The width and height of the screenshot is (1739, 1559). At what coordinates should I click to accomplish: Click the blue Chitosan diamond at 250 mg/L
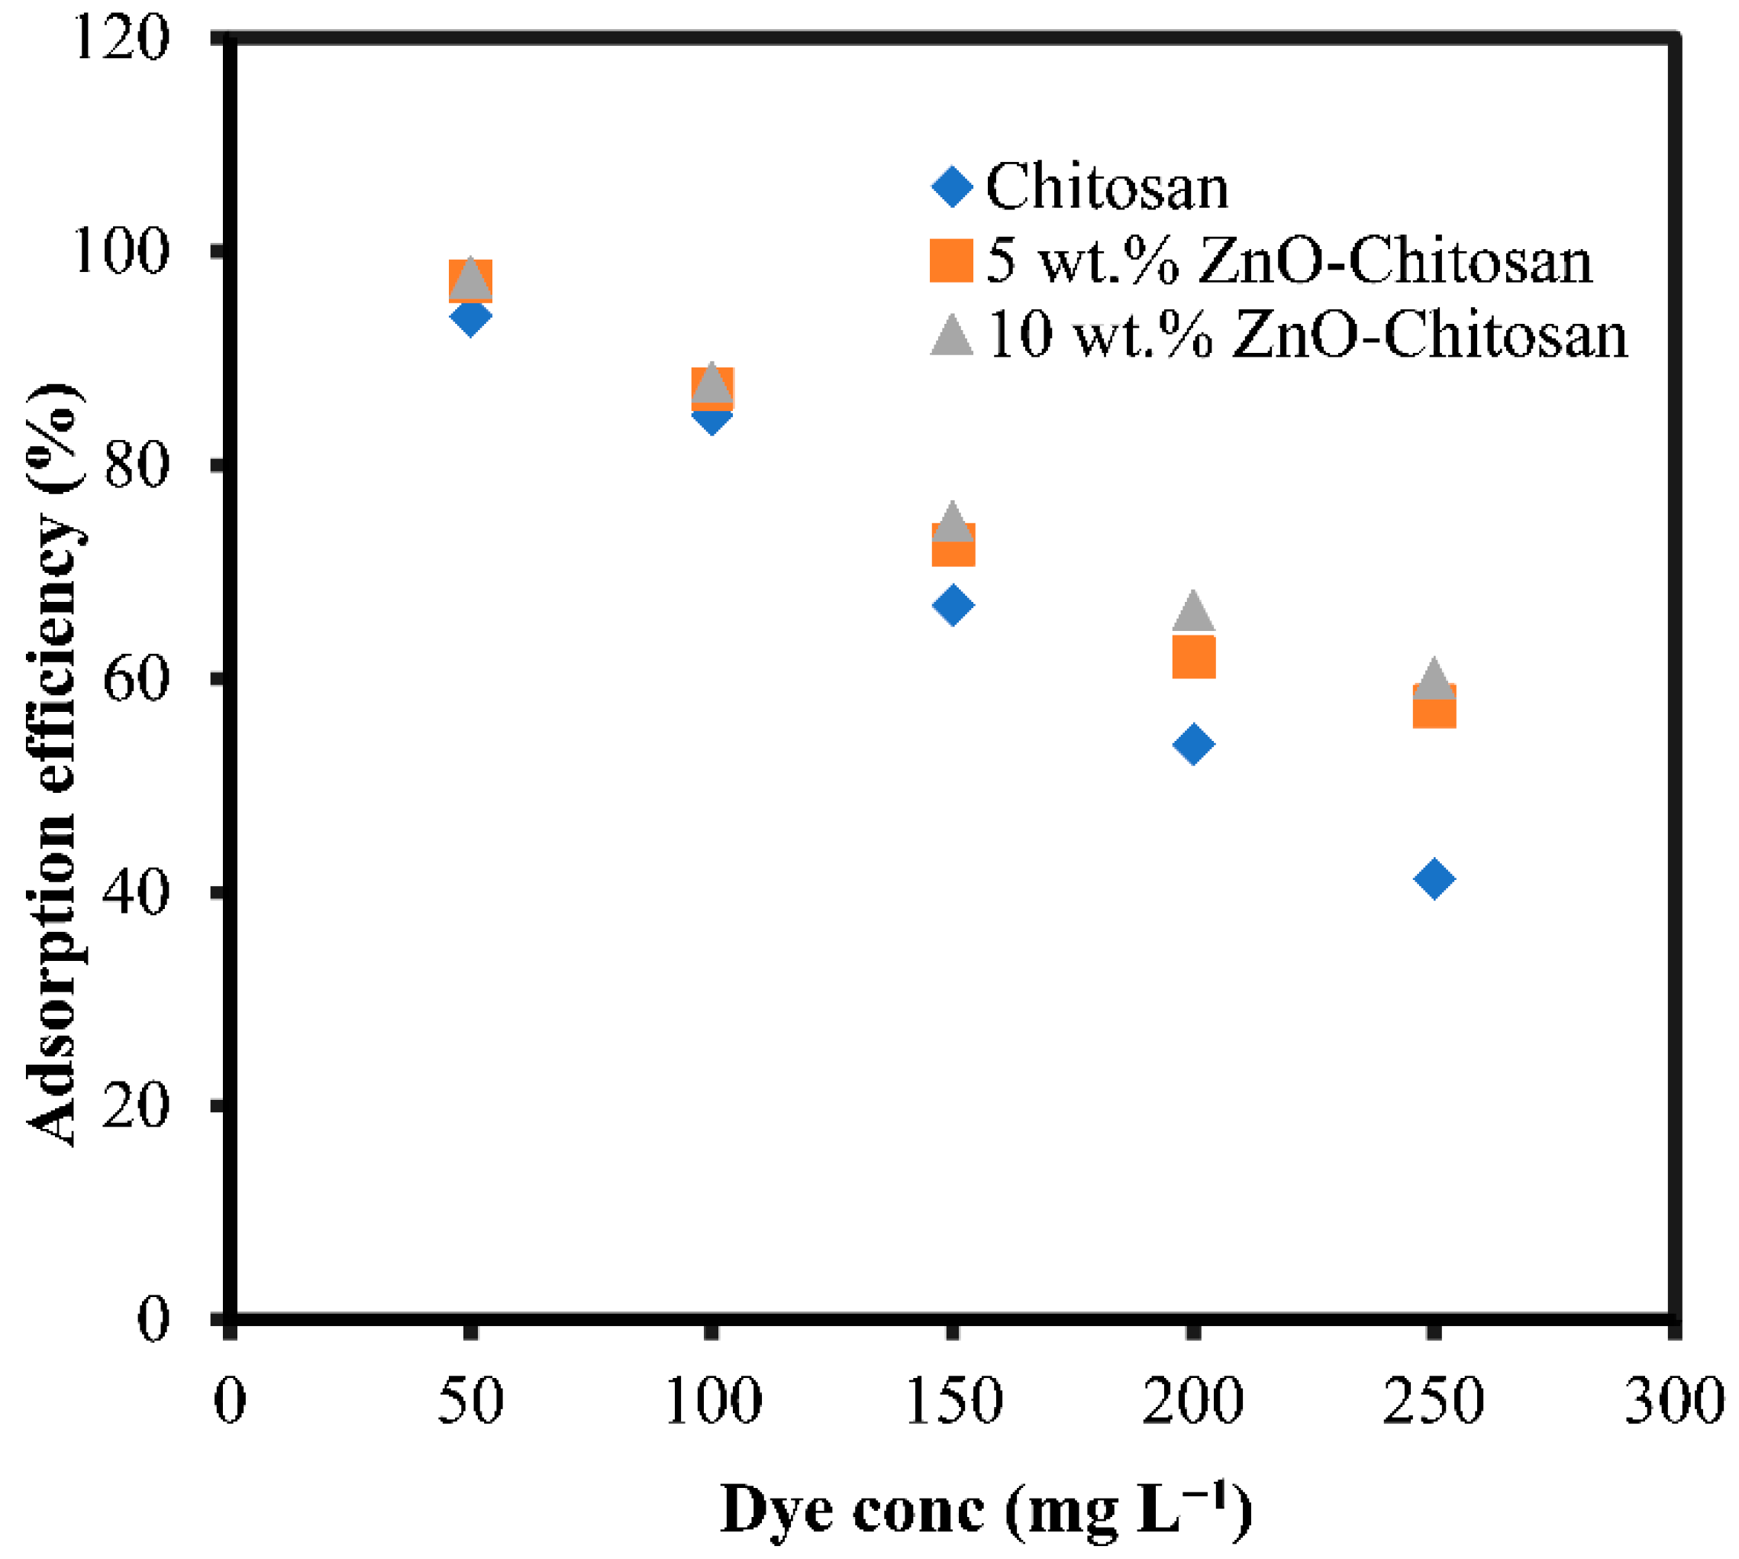pyautogui.click(x=1434, y=879)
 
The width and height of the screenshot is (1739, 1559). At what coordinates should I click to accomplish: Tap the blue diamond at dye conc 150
pyautogui.click(x=952, y=606)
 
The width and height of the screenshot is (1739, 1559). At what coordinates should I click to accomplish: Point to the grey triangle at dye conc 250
pyautogui.click(x=1434, y=680)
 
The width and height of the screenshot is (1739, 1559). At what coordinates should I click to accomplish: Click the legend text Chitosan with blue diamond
pyautogui.click(x=1106, y=186)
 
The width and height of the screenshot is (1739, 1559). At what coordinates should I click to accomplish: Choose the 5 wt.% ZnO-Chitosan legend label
pyautogui.click(x=1289, y=260)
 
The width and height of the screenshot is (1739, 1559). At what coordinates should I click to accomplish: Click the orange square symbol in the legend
pyautogui.click(x=951, y=260)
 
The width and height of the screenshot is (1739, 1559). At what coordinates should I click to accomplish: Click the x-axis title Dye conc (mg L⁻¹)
pyautogui.click(x=985, y=1510)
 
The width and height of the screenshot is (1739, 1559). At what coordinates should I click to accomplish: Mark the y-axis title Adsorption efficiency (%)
pyautogui.click(x=53, y=762)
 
